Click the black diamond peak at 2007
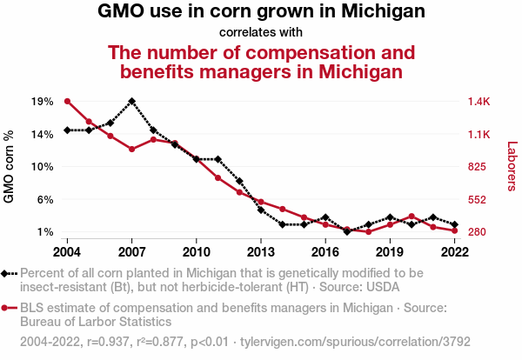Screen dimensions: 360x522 tap(131, 101)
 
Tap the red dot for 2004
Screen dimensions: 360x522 tap(67, 101)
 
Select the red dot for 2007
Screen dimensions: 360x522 tap(131, 150)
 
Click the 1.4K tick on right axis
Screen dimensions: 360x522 tap(479, 101)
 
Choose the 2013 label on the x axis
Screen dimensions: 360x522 tap(261, 251)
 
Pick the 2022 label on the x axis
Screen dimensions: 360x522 tap(454, 251)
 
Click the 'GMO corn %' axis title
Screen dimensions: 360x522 tap(10, 166)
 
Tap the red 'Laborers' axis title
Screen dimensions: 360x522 tap(512, 166)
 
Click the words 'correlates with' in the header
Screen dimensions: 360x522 tap(261, 32)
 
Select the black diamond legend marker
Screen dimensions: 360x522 tap(6, 273)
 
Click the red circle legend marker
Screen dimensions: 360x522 tap(6, 308)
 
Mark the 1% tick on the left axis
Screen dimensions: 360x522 tap(43, 232)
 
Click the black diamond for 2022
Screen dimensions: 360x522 tap(454, 224)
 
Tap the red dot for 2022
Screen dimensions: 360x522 tap(454, 230)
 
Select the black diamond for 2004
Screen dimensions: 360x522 tap(67, 130)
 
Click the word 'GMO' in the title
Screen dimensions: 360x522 tap(121, 12)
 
